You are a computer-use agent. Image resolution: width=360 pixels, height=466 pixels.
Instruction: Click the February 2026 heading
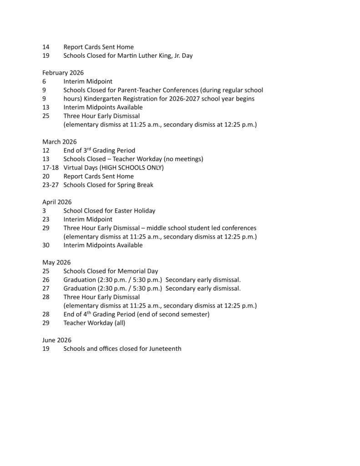[x=63, y=73]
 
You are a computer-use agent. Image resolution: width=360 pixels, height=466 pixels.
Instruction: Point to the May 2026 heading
[x=56, y=263]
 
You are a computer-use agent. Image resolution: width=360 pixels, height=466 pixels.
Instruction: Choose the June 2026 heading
[x=57, y=340]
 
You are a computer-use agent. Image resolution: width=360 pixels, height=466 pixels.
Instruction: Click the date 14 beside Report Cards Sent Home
[x=46, y=47]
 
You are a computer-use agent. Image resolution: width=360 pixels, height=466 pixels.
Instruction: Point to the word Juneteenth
[x=165, y=349]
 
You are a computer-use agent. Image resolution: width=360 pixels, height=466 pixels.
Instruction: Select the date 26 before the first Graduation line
[x=46, y=280]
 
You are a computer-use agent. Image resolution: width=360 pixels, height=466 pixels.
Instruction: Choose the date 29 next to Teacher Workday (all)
[x=46, y=323]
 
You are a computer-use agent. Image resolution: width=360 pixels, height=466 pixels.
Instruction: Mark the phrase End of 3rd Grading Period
[x=99, y=151]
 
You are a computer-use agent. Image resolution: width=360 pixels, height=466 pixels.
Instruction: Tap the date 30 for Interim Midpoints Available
[x=46, y=245]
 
